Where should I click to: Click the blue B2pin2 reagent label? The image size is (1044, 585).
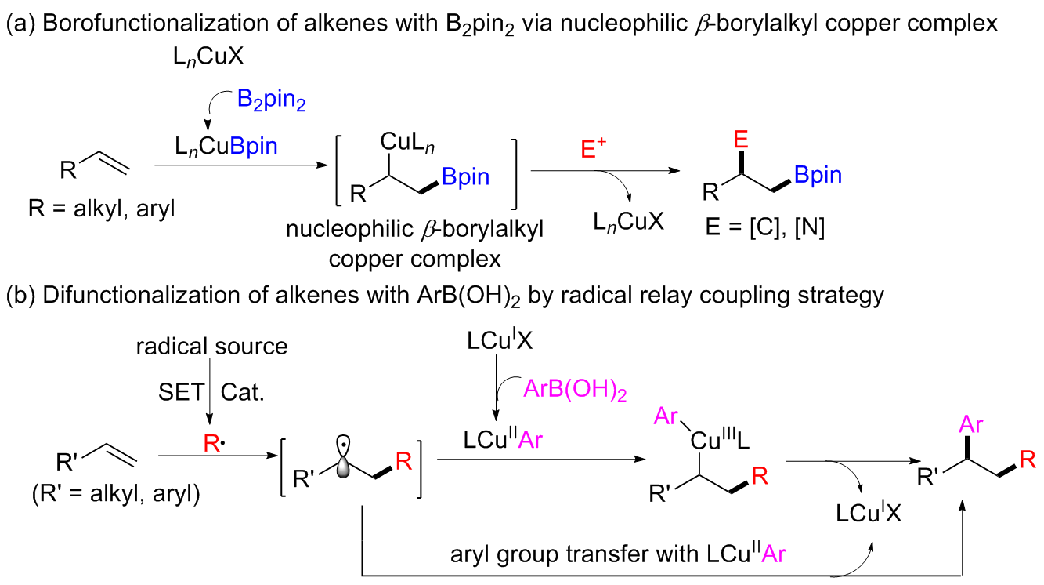point(269,101)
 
